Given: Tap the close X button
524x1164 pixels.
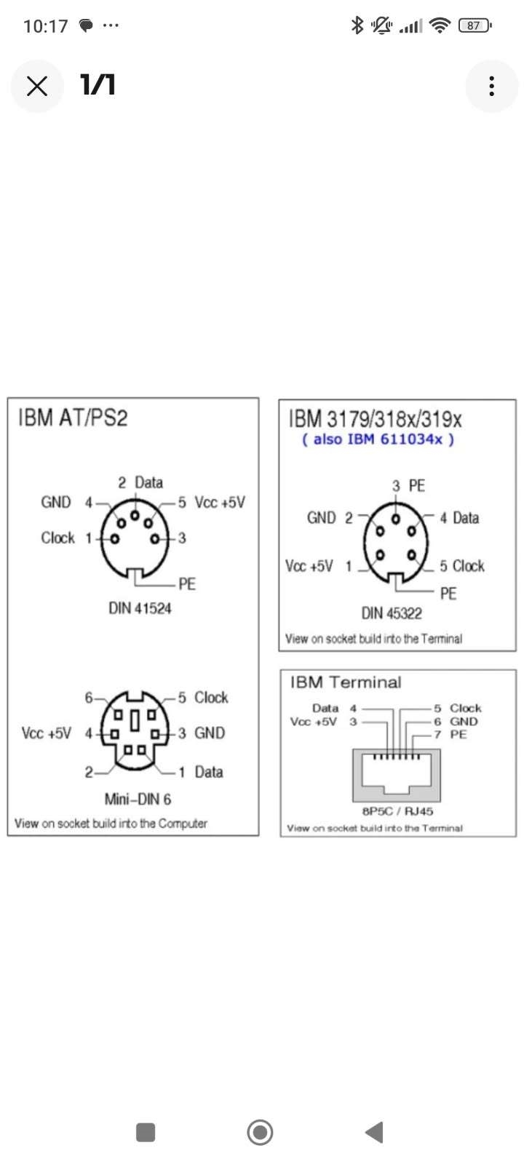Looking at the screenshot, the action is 37,86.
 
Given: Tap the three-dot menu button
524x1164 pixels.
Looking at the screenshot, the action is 491,86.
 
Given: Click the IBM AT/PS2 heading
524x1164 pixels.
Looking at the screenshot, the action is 73,418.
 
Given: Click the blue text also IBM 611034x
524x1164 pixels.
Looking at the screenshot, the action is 378,439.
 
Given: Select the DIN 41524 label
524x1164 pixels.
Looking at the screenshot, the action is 140,608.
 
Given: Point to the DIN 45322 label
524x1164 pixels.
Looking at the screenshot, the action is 392,613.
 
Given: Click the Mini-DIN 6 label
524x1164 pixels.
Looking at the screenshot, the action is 138,799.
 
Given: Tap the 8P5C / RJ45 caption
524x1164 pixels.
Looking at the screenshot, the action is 397,810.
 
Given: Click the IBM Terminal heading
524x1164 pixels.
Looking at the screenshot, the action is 346,682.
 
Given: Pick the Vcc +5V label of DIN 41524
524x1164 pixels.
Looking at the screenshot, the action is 220,502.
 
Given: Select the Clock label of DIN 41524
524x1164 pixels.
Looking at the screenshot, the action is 57,538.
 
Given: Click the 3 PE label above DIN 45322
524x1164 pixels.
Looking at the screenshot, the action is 408,485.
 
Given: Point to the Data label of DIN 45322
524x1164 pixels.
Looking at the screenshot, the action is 466,517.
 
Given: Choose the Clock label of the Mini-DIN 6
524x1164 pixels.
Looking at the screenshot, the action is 211,697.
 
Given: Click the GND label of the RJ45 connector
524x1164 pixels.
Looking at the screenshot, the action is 464,721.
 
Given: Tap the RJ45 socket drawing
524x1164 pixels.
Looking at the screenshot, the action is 397,774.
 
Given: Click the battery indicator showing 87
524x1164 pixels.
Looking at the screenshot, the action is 475,25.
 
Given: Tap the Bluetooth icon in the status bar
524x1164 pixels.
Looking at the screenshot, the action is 357,25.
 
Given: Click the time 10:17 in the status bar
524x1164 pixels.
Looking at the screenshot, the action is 46,26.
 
